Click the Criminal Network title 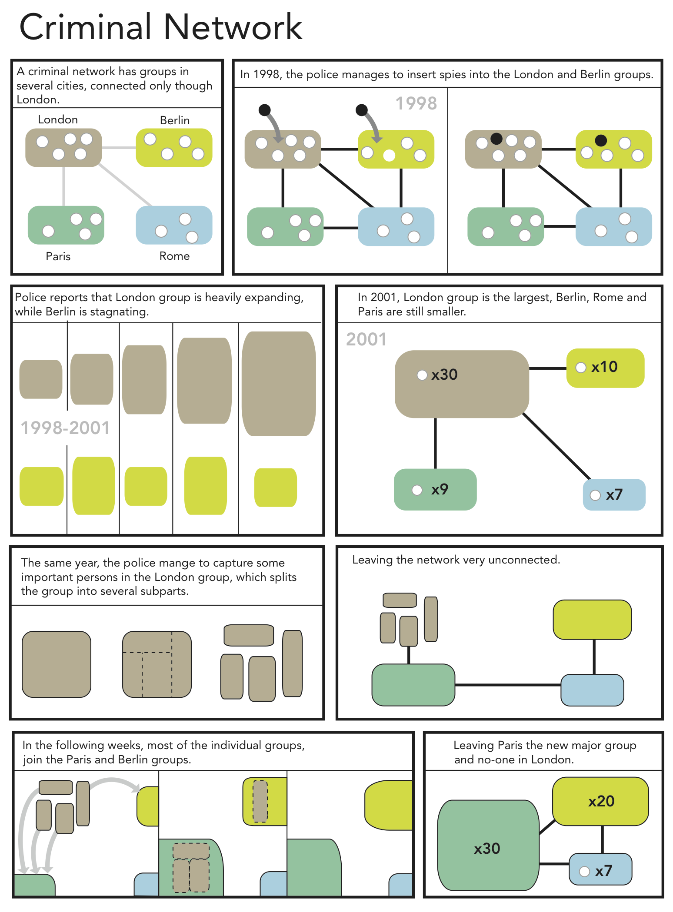click(x=160, y=27)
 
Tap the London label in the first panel click(x=58, y=119)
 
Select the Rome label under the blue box click(x=174, y=256)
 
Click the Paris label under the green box click(x=58, y=256)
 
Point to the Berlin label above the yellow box click(x=175, y=120)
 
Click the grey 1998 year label click(x=416, y=103)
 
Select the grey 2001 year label click(x=366, y=339)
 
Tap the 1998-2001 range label click(x=65, y=428)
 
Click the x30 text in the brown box click(x=444, y=375)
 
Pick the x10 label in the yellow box click(x=604, y=367)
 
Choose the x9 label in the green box click(x=440, y=490)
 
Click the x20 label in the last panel click(x=601, y=801)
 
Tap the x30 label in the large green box click(x=487, y=849)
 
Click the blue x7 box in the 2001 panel click(x=614, y=494)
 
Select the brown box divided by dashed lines click(x=157, y=664)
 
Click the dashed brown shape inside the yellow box click(x=260, y=801)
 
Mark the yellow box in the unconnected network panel click(x=592, y=620)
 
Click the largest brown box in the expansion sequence click(x=279, y=384)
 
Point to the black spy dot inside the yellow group click(x=601, y=140)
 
